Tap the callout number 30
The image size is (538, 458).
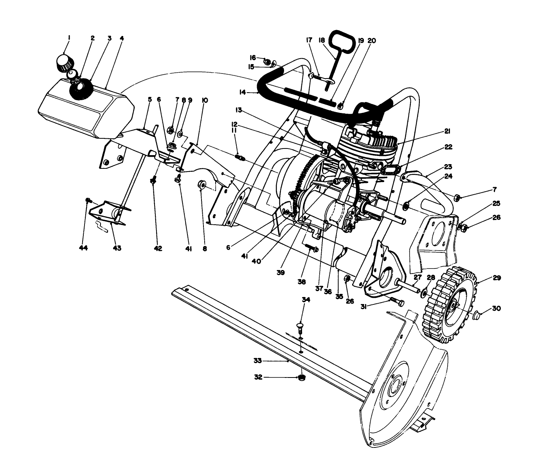coord(496,308)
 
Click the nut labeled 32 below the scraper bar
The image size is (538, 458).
coord(301,377)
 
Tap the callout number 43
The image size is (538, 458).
coord(117,248)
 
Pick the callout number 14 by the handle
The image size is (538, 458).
coord(243,92)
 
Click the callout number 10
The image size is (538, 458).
coord(205,100)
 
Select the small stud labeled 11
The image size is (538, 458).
coord(240,158)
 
